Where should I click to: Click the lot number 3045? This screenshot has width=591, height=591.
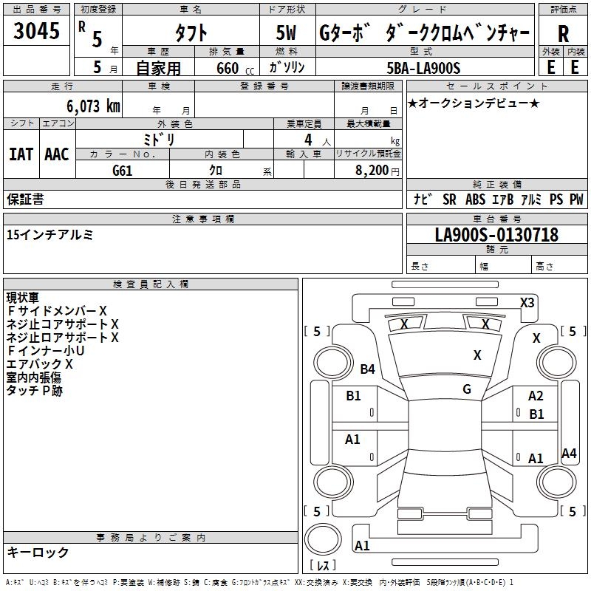pos(36,32)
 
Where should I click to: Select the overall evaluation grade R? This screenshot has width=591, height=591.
pos(563,33)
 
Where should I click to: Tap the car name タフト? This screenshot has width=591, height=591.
pos(190,33)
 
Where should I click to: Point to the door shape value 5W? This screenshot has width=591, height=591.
pos(287,33)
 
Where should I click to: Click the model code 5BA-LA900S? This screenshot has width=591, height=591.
pos(423,68)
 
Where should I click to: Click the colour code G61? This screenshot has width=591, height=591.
pos(123,170)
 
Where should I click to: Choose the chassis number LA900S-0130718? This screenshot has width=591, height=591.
pos(496,236)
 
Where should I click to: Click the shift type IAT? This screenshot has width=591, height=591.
pos(21,154)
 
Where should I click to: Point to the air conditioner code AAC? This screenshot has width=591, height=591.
pos(56,154)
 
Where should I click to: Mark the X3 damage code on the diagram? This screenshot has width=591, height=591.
pos(527,302)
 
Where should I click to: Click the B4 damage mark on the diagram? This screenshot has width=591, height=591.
pos(368,369)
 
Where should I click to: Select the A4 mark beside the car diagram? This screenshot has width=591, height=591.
pos(569,454)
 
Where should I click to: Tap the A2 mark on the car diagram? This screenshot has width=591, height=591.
pos(536,396)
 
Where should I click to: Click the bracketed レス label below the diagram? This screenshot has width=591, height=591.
pos(322,565)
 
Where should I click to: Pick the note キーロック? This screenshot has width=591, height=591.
pos(38,552)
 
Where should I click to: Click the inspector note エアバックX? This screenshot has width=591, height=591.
pos(40,363)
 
